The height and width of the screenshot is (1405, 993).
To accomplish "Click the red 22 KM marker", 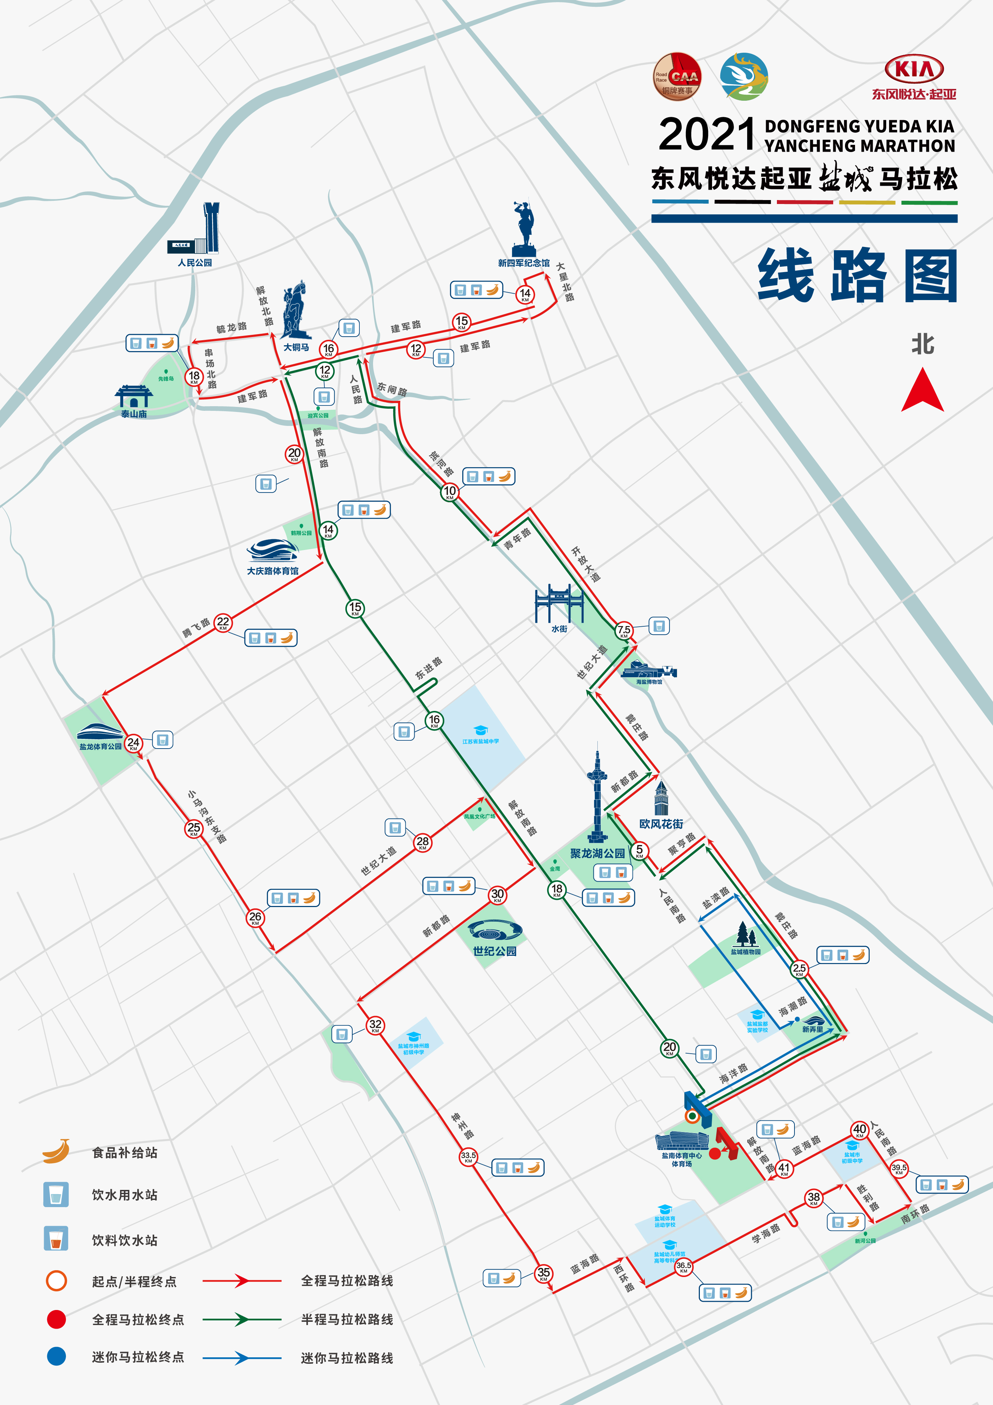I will point(223,623).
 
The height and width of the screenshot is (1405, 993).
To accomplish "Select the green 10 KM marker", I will point(450,492).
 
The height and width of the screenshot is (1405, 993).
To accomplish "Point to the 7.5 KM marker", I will point(624,631).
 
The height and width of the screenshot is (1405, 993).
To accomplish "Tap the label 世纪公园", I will point(495,951).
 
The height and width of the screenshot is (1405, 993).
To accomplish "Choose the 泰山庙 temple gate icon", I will point(133,397).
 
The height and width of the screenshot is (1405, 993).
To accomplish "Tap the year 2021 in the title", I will point(707,135).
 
